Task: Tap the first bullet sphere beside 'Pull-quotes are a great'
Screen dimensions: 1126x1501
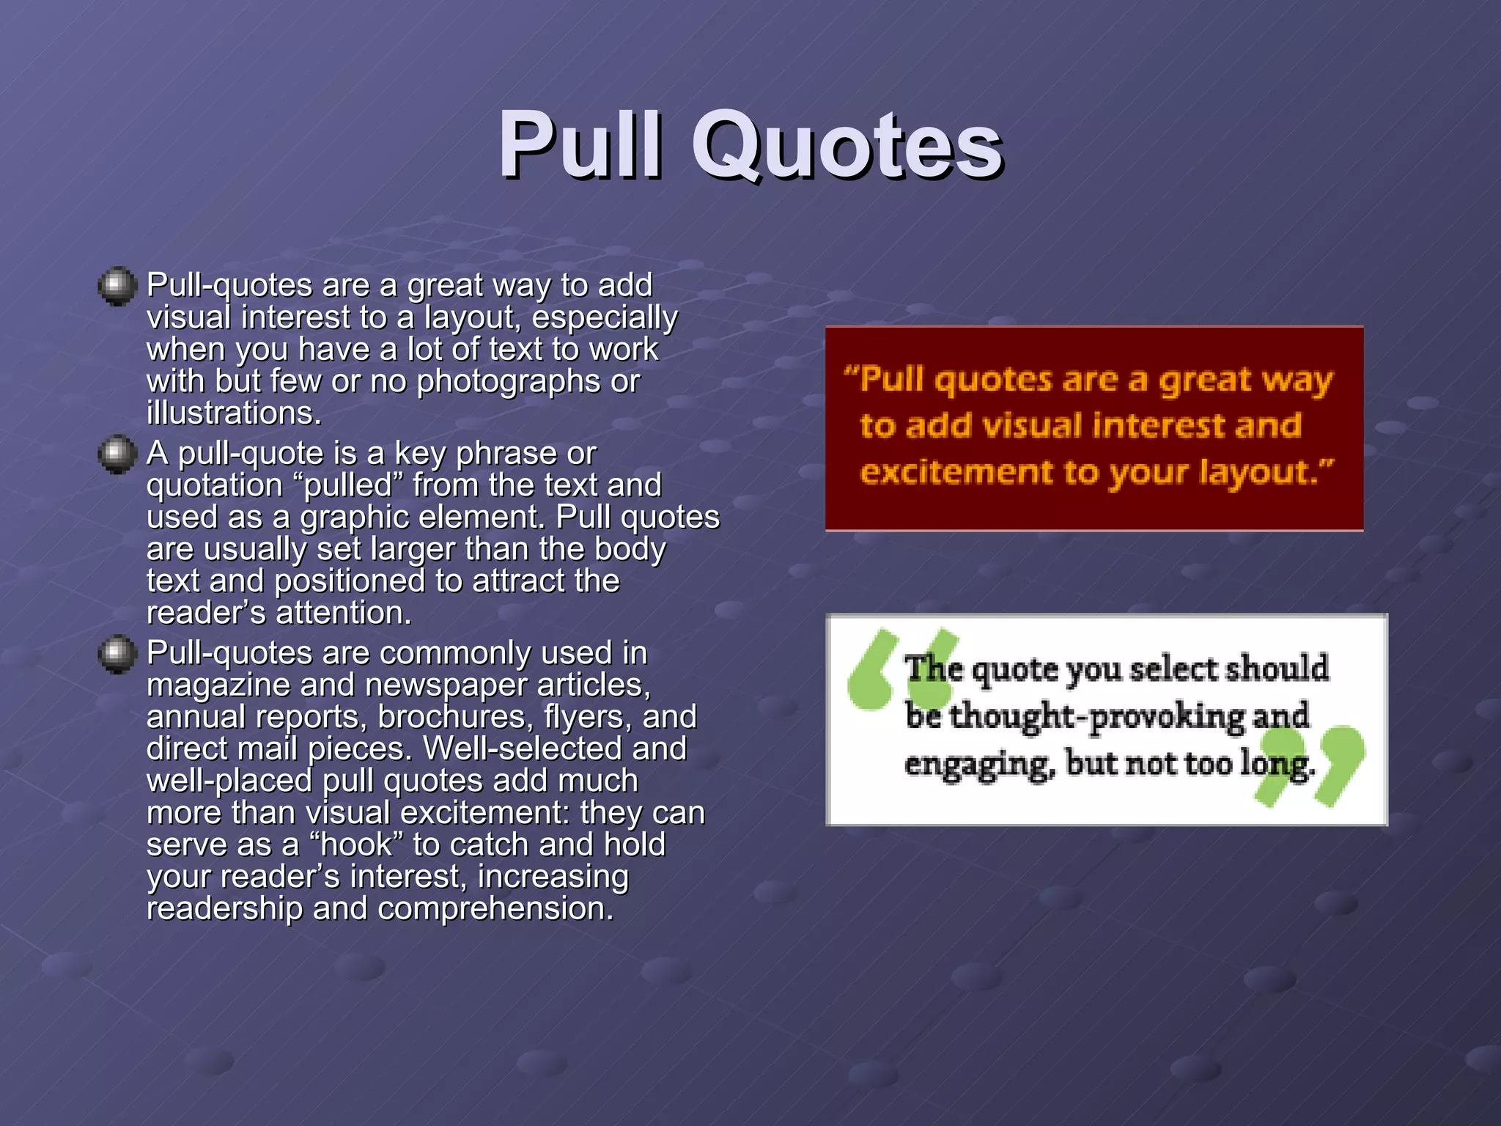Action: point(117,286)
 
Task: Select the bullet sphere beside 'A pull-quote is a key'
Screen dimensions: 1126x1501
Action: point(117,455)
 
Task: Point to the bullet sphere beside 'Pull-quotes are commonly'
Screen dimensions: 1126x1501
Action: point(117,654)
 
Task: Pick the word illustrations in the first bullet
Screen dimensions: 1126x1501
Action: point(234,413)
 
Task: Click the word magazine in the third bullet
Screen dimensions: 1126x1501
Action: point(218,685)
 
